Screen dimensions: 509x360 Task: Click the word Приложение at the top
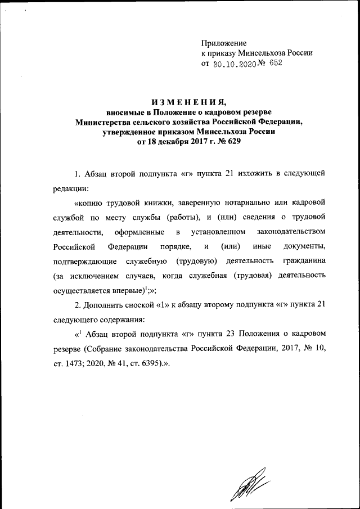tap(224, 43)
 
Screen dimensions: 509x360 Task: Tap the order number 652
tap(275, 64)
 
